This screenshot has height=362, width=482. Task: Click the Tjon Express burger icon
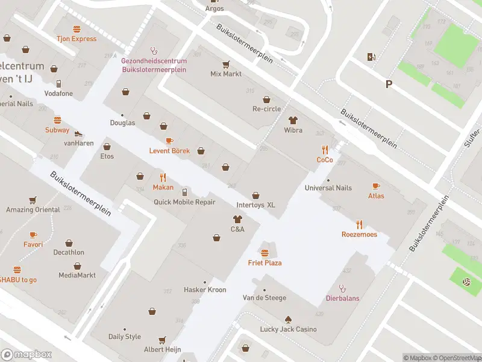tap(77, 29)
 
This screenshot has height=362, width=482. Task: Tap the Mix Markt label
tap(226, 74)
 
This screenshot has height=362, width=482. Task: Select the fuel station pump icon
tap(371, 57)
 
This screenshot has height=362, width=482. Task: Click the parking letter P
tap(389, 85)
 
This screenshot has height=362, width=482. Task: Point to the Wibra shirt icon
tap(293, 121)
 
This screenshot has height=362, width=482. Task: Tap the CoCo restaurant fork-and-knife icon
tap(325, 150)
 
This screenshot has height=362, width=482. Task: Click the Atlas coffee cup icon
tap(376, 186)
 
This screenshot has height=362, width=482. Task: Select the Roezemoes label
tap(359, 234)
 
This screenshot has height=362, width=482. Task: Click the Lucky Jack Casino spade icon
tap(288, 319)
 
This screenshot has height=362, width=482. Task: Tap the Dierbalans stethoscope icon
tap(342, 288)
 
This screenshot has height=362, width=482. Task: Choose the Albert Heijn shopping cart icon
tap(161, 340)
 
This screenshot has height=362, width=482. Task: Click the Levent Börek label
tap(169, 150)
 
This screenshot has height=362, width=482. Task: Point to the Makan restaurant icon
tap(163, 177)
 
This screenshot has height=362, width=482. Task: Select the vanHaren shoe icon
tap(78, 133)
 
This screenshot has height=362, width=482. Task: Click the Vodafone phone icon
tap(58, 84)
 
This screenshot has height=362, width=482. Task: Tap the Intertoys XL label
tap(255, 205)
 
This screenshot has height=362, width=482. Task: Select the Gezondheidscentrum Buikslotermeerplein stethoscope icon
tap(154, 51)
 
